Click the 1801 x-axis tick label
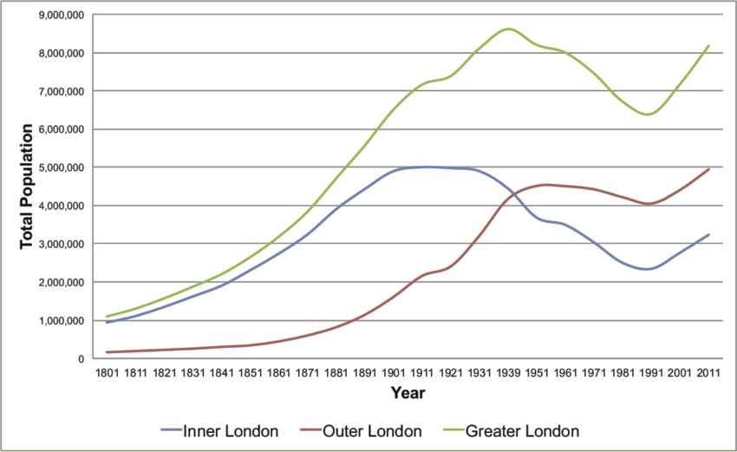click(x=111, y=374)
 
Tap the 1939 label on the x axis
click(x=508, y=374)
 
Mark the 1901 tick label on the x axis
click(x=392, y=374)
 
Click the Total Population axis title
click(x=28, y=187)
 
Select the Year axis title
click(x=407, y=394)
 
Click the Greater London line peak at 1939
click(x=508, y=29)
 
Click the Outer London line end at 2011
click(x=709, y=169)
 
